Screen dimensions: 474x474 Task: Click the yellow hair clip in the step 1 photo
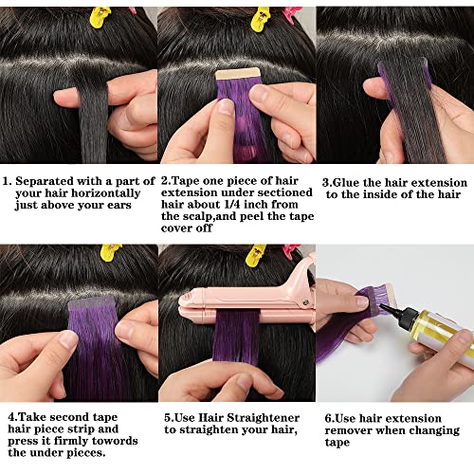(x=100, y=14)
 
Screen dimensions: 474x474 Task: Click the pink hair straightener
(x=246, y=303)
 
